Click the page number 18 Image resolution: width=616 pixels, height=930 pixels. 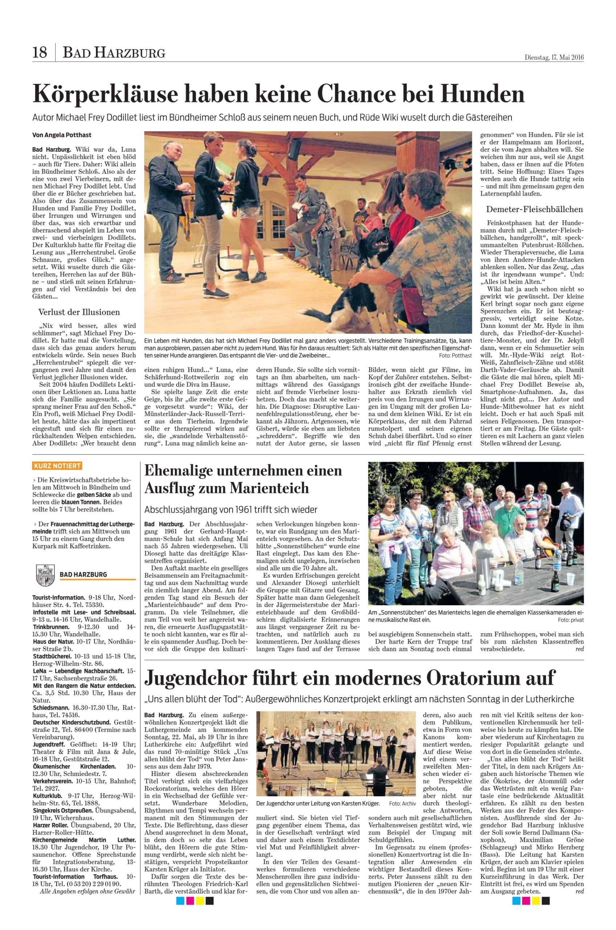coord(40,52)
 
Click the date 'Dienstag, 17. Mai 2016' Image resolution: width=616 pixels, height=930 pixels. coord(554,57)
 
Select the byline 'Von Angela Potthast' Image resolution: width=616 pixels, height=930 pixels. coord(62,135)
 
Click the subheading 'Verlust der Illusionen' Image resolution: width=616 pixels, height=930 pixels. coord(79,312)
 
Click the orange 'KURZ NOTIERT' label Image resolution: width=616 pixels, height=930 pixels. coord(57,466)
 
